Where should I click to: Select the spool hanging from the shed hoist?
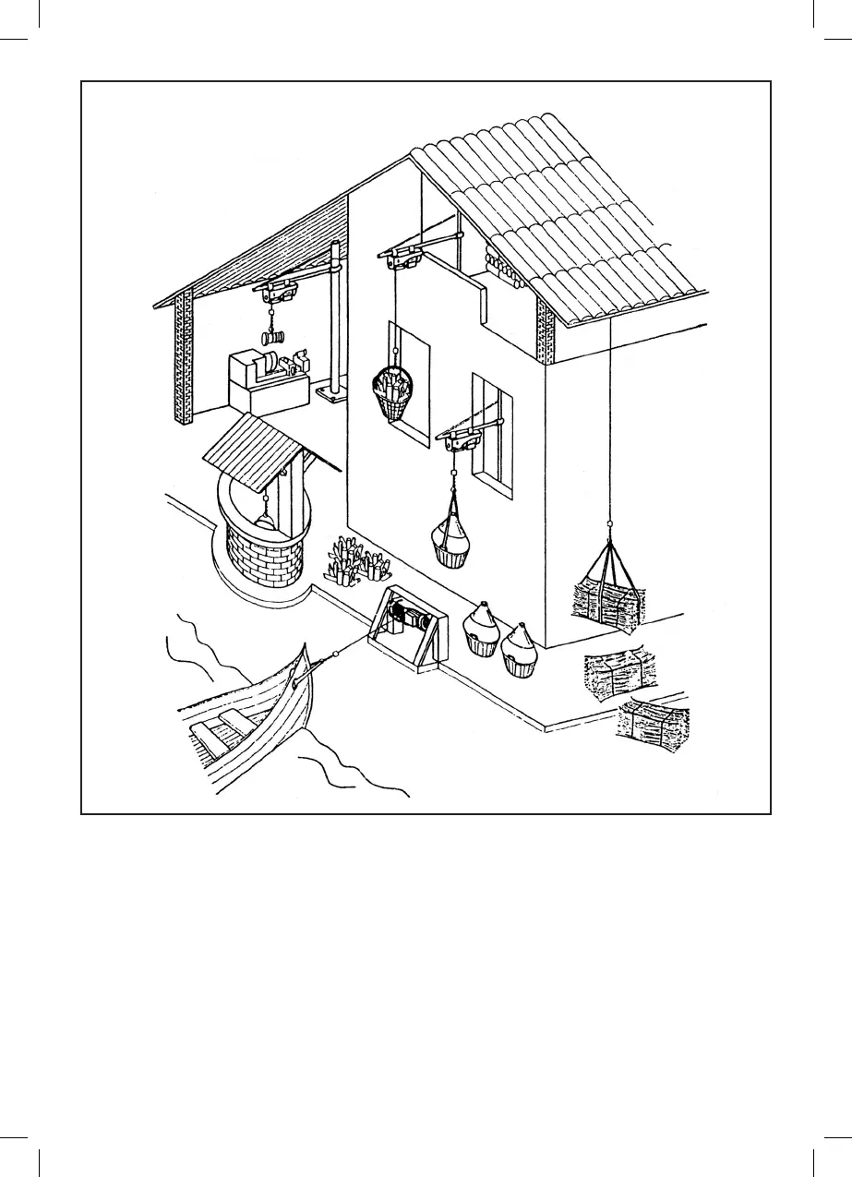tap(274, 339)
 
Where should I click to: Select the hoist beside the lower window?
tap(459, 440)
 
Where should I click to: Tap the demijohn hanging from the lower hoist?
tap(452, 541)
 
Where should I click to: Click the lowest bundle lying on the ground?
tap(654, 727)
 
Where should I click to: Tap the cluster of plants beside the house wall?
tap(356, 558)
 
